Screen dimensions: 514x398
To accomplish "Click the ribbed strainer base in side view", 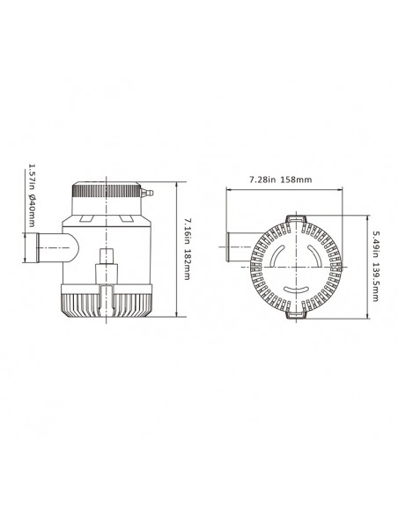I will (x=106, y=304).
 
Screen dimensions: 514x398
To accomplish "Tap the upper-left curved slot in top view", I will (x=279, y=256).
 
